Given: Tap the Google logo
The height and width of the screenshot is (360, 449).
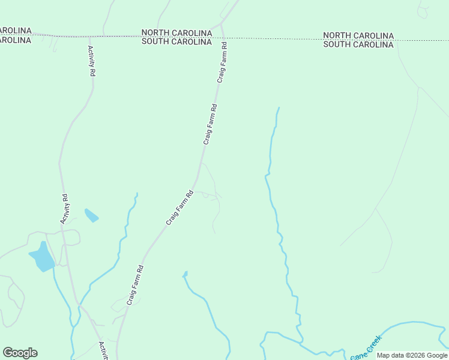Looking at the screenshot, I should tap(20, 353).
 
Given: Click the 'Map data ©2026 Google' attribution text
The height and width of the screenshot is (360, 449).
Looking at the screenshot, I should tap(412, 355).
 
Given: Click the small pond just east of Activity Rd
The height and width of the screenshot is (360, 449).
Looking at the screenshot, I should tap(91, 215).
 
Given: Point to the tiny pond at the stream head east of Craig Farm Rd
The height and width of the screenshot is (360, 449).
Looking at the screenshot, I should tap(185, 275).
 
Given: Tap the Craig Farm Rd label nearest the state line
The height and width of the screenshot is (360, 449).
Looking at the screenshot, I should tap(222, 62).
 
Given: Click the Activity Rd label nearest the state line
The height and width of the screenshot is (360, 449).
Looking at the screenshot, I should tap(91, 61).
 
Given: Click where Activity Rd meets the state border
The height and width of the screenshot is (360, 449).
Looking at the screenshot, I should tap(89, 36).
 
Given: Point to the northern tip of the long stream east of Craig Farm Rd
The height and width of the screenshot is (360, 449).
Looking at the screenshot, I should tap(279, 108).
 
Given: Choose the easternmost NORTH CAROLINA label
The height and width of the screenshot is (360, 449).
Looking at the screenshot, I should tap(358, 35).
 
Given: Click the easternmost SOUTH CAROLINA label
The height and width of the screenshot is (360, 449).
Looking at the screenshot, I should tap(358, 44).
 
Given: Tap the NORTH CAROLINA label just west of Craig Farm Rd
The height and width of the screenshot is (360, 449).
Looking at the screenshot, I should tap(176, 32).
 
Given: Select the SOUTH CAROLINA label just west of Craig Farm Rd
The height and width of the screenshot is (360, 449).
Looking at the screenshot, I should tap(176, 41).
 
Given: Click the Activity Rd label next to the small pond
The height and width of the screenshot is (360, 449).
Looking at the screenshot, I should tap(65, 209).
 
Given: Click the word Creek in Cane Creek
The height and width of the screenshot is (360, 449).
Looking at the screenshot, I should tap(373, 343).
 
